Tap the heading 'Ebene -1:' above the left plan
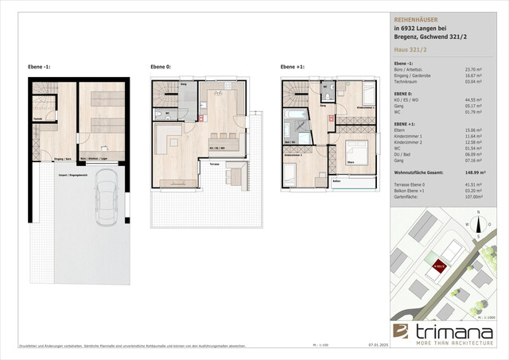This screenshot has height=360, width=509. click(x=41, y=68)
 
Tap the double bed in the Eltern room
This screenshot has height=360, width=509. click(x=356, y=153)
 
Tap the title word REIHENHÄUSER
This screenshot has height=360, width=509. click(x=417, y=17)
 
